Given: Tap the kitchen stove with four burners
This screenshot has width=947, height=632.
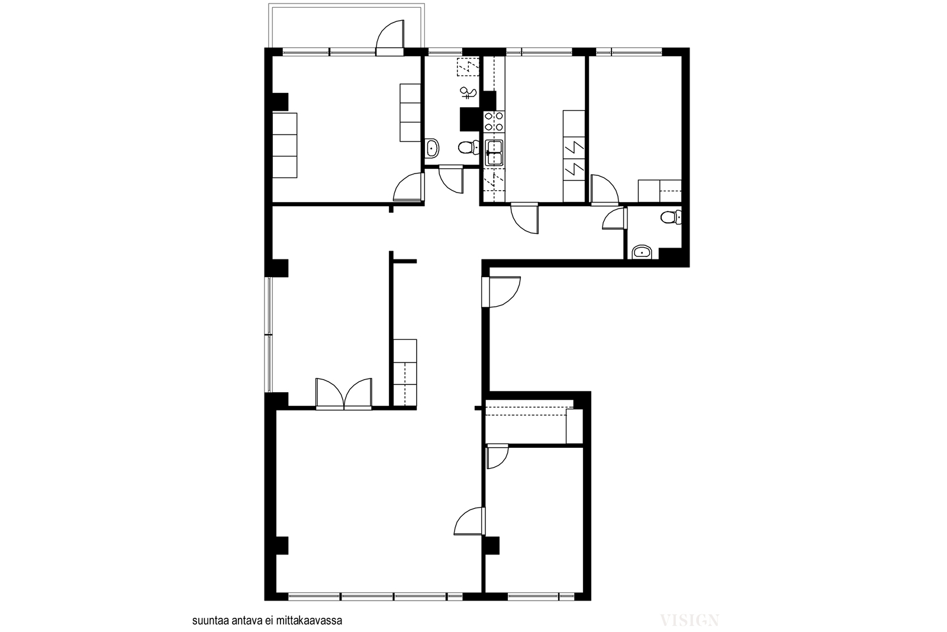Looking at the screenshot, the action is pyautogui.click(x=494, y=121).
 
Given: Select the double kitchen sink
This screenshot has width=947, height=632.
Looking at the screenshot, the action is pyautogui.click(x=494, y=152).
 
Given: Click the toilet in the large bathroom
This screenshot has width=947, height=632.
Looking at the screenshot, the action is pyautogui.click(x=468, y=147).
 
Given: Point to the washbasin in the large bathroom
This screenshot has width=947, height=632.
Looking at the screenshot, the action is pyautogui.click(x=432, y=148).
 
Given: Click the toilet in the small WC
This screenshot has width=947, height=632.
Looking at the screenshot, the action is pyautogui.click(x=671, y=217).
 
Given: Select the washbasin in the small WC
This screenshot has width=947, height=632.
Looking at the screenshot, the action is pyautogui.click(x=642, y=252).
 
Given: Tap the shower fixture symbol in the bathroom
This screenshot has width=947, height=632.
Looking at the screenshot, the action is pyautogui.click(x=468, y=92).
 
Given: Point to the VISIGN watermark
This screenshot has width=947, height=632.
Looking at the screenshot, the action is pyautogui.click(x=689, y=620).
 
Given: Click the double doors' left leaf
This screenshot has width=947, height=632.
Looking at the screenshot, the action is pyautogui.click(x=330, y=393).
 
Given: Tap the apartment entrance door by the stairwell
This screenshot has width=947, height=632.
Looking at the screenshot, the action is pyautogui.click(x=501, y=291).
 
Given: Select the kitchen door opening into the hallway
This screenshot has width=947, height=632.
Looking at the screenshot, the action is pyautogui.click(x=524, y=219).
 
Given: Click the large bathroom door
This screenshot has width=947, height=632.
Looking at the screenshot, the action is pyautogui.click(x=451, y=180).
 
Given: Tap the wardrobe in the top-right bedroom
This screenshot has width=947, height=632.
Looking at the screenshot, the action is pyautogui.click(x=659, y=191).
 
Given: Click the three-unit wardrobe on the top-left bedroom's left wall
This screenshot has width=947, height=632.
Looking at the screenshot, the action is pyautogui.click(x=285, y=145).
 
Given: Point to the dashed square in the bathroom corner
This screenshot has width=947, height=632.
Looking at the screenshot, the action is pyautogui.click(x=468, y=67).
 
